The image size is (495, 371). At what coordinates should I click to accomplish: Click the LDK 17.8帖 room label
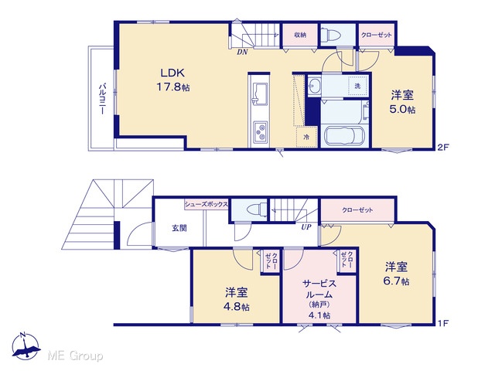coord(172,80)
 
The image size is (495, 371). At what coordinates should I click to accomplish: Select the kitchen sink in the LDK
coord(259,94)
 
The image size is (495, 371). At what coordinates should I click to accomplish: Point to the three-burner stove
coord(261,131)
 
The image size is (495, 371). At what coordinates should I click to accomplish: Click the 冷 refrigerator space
coord(306,137)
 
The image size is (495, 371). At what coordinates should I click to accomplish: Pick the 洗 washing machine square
coord(357,86)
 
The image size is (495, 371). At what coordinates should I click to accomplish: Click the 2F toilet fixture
coord(330,34)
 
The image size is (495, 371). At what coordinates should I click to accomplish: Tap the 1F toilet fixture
coord(256,209)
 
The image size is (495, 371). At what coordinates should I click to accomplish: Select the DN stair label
coord(242,53)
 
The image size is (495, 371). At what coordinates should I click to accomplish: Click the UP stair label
coord(306,227)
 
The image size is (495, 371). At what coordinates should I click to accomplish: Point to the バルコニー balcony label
coord(102,99)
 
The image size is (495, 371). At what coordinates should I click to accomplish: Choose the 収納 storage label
coord(300,35)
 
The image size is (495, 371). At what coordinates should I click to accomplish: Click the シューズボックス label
coord(207,204)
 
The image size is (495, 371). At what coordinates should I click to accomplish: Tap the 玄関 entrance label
coord(179,228)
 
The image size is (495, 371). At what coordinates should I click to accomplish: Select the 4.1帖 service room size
coord(319,315)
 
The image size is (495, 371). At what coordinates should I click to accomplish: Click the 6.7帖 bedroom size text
coord(396,281)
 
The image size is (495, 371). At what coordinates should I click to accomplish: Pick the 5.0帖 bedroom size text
coord(402,110)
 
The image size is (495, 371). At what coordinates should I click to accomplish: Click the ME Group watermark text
coord(76,356)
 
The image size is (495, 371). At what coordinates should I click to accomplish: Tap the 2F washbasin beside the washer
coord(313,85)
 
